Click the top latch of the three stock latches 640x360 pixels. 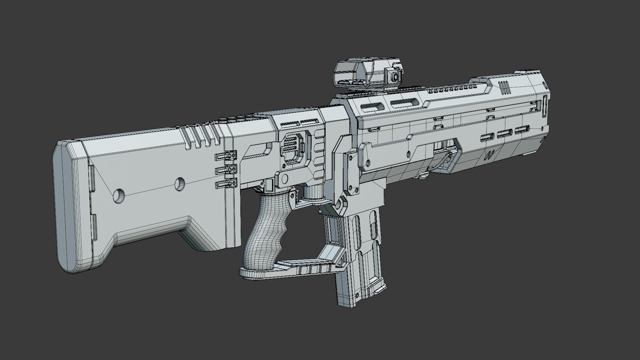227,156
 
